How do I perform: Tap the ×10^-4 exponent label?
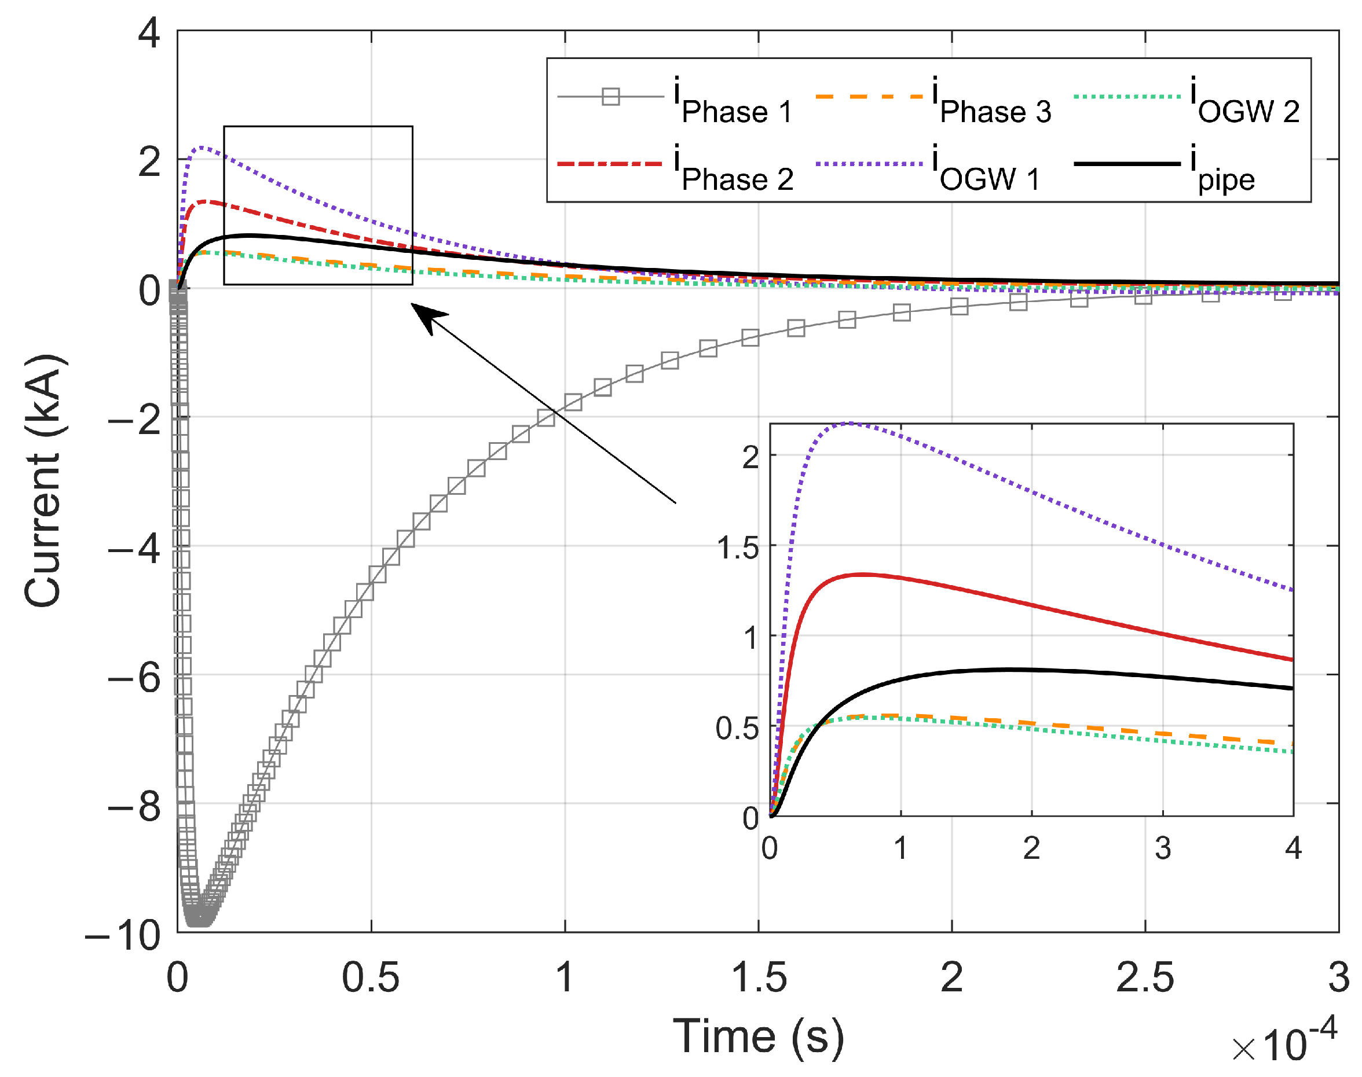(x=1284, y=1042)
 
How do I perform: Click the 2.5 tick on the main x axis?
(x=1144, y=977)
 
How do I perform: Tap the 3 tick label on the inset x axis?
(x=1163, y=848)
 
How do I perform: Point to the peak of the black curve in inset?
(x=1009, y=669)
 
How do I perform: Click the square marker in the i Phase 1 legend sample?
(x=611, y=97)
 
